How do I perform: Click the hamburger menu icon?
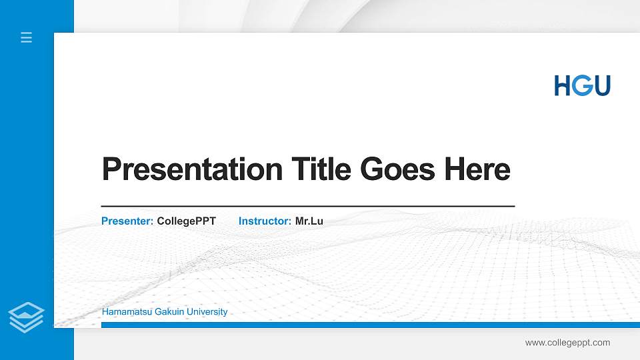[27, 37]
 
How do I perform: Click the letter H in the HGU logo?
[563, 85]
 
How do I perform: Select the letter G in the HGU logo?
[581, 85]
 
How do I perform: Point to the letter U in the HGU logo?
[601, 85]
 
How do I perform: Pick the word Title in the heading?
[321, 169]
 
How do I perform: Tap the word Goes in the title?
[398, 169]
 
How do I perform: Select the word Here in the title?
[477, 169]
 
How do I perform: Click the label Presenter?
[127, 221]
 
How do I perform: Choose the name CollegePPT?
[187, 221]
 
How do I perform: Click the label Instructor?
[265, 221]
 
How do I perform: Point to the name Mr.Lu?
[309, 221]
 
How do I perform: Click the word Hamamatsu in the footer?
[127, 312]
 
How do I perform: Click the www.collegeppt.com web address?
[567, 343]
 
